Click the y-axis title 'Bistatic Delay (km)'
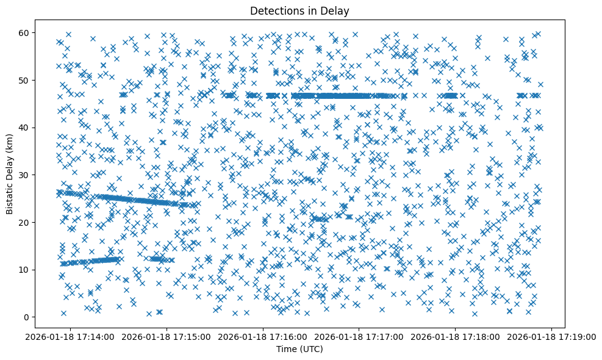tap(10, 173)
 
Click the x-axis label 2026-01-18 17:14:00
tap(71, 336)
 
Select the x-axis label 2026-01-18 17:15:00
tap(167, 336)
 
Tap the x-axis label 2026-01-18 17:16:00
tap(263, 336)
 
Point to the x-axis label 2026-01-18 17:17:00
tap(360, 336)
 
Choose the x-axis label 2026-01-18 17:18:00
tap(456, 336)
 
